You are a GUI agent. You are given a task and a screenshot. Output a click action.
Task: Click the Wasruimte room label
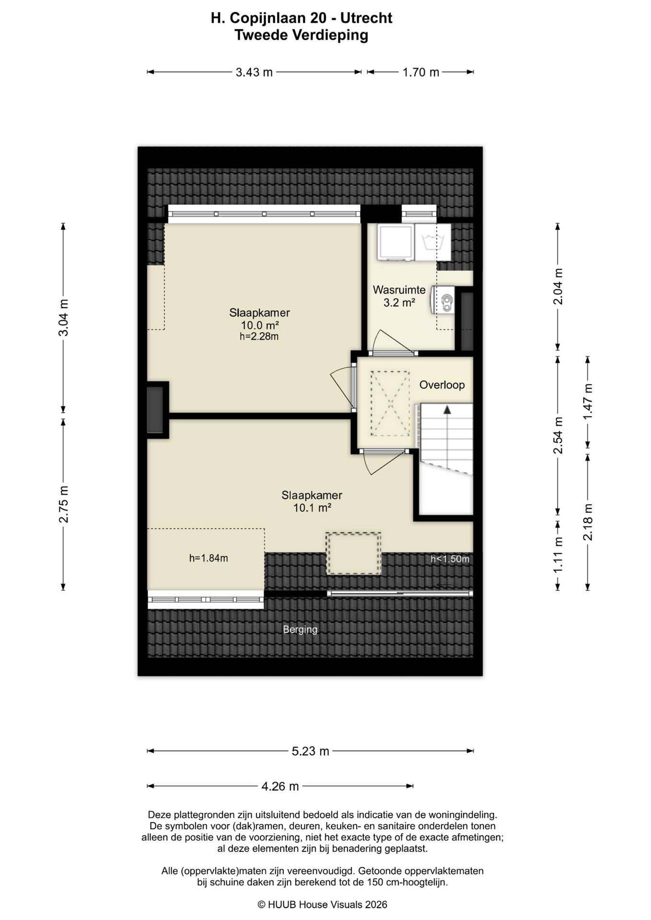[399, 290]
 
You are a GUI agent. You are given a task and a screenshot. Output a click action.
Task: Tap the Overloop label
[442, 385]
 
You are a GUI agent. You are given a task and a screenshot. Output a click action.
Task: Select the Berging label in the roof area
[300, 629]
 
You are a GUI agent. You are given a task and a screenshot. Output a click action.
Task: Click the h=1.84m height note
[209, 558]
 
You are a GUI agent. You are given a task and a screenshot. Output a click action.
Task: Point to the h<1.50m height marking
[450, 559]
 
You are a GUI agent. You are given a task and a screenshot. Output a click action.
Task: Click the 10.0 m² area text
[259, 325]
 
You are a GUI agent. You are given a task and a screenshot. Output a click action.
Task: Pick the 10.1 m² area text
[312, 507]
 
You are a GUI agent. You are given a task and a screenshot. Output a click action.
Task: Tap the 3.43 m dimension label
[254, 72]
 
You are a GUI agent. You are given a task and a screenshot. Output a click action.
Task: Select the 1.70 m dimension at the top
[420, 72]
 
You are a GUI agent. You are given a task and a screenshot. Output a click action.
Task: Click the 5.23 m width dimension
[311, 751]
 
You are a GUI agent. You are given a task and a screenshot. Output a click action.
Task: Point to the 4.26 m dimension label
[280, 786]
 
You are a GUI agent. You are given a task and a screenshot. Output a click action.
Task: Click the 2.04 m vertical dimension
[558, 287]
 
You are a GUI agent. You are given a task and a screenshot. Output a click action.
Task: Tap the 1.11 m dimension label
[558, 554]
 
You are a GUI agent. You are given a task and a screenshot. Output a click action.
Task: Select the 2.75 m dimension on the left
[63, 504]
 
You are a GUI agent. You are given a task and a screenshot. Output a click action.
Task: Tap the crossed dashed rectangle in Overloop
[390, 403]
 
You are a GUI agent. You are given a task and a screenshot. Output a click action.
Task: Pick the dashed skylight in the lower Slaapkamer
[354, 553]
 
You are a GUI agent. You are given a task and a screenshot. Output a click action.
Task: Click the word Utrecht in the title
[366, 18]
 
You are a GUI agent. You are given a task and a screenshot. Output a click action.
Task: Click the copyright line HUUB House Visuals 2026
[322, 904]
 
